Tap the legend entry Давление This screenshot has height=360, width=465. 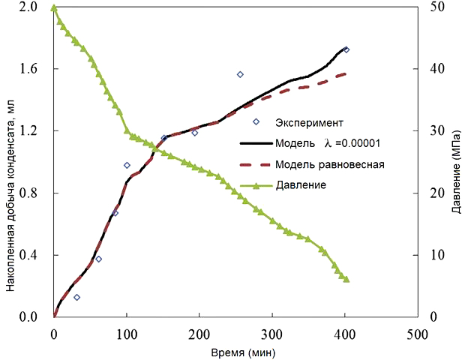tap(300, 184)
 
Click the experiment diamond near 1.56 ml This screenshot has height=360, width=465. tap(240, 74)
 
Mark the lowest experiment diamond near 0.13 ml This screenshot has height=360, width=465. tap(76, 297)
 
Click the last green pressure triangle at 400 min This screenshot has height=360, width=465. tap(346, 278)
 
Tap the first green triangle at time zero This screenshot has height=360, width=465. tap(53, 7)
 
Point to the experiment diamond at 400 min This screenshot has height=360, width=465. tap(346, 49)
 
